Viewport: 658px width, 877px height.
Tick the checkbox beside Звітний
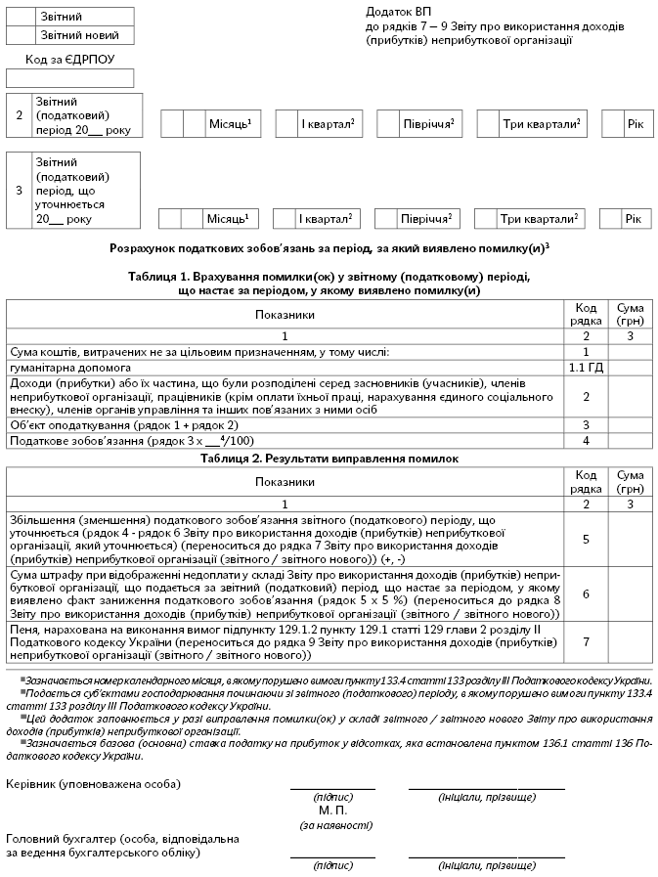(x=22, y=17)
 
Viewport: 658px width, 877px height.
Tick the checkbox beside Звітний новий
(x=22, y=35)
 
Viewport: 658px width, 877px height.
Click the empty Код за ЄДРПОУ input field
(x=69, y=79)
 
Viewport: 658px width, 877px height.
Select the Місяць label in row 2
(x=230, y=124)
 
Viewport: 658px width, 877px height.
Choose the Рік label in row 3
(x=632, y=218)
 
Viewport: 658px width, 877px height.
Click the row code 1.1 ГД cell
(x=586, y=368)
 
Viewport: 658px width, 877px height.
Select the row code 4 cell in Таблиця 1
(x=586, y=442)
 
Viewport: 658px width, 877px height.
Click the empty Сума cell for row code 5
(x=630, y=539)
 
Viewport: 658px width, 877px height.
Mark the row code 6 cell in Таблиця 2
(x=586, y=593)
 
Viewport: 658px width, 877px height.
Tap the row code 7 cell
(x=586, y=641)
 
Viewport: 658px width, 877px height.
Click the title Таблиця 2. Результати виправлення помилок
(x=329, y=458)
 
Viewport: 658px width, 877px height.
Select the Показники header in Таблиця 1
(x=285, y=315)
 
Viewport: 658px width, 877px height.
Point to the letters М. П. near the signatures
(x=333, y=811)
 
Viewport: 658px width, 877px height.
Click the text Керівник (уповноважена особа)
(x=93, y=784)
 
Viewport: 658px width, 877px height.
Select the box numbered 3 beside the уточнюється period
(x=19, y=191)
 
